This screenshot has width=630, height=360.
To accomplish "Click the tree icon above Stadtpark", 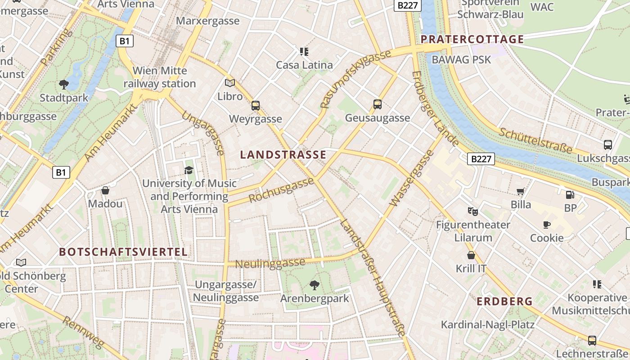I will point(64,84).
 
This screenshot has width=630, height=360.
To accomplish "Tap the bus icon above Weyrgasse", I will point(256,106).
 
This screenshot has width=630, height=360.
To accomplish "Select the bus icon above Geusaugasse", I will point(378,104).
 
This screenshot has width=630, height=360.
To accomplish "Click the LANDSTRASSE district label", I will point(283,155).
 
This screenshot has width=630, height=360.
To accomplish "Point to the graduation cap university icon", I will point(189,170).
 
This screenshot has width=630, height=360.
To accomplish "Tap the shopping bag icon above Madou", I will point(105,190).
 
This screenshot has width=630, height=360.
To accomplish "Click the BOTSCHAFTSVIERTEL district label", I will point(123,252).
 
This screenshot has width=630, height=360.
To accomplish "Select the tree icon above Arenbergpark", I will point(315,285).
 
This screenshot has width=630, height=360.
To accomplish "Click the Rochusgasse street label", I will point(281,189).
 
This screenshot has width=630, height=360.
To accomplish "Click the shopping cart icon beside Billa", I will point(521,191).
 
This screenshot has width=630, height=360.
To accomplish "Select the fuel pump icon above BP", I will point(570,195).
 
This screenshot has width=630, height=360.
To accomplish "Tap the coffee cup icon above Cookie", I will point(547,225).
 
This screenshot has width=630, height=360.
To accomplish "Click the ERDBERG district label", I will point(504,301).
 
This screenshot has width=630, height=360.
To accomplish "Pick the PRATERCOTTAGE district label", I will point(472,39).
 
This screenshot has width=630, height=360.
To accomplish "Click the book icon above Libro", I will point(230,83).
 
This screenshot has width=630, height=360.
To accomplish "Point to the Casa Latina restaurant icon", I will point(304,51).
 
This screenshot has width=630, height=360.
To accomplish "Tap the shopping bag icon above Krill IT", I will point(471,255).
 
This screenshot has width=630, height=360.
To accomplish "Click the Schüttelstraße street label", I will point(535,139).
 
